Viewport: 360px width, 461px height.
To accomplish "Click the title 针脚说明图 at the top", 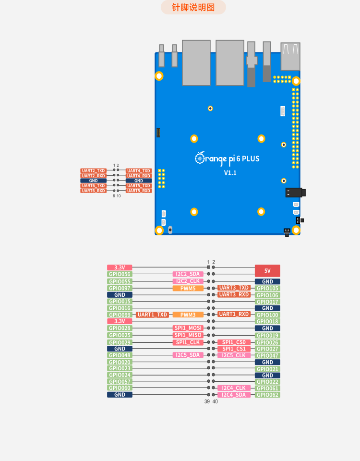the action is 193,7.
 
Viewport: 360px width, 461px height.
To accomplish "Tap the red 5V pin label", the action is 267,271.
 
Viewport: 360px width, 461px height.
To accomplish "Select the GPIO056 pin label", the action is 120,274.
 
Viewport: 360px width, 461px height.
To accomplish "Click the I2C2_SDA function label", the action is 188,274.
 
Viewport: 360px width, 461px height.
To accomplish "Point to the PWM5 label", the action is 188,289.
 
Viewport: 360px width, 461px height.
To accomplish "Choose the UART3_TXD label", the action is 234,288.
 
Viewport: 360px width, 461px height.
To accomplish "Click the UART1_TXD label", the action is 152,315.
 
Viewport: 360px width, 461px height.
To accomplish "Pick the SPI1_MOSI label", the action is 188,328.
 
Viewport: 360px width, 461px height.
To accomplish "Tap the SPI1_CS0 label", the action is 234,342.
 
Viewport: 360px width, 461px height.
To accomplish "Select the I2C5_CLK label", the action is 234,355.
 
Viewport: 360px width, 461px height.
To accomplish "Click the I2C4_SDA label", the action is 234,395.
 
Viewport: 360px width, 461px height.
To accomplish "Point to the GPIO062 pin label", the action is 267,395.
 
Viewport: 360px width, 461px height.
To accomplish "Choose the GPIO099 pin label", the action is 120,315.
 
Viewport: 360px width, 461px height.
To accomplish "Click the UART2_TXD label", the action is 94,170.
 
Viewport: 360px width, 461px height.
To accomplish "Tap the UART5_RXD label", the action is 139,191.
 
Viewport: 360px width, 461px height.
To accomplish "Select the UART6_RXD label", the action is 94,191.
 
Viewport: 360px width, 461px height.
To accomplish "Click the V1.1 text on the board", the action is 230,173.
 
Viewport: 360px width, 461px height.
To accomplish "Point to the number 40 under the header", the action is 215,401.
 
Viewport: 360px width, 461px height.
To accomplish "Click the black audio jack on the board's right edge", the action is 296,193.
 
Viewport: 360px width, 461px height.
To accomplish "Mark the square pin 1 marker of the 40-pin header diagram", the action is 209,267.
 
